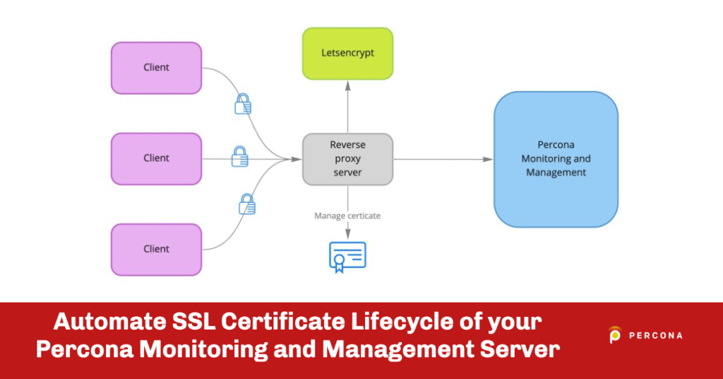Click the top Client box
[x=156, y=68]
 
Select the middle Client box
[x=156, y=158]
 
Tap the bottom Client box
[x=156, y=249]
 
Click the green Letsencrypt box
[x=347, y=54]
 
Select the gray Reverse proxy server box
[x=347, y=159]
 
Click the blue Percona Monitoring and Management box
[x=556, y=159]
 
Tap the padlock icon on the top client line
[x=242, y=104]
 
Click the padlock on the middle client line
[x=239, y=156]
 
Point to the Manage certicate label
[x=347, y=216]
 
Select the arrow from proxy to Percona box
[x=442, y=159]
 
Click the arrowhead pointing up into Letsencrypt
[x=347, y=85]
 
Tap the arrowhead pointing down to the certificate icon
[x=347, y=234]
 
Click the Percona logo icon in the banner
[x=615, y=335]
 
